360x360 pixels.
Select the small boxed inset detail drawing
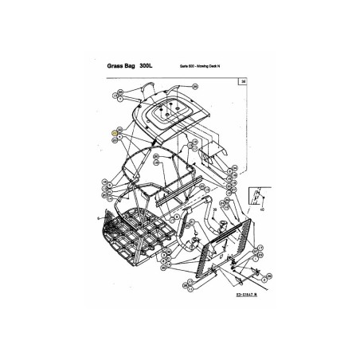(259, 195)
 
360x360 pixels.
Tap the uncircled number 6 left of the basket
(97, 217)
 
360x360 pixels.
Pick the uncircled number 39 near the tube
(191, 209)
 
